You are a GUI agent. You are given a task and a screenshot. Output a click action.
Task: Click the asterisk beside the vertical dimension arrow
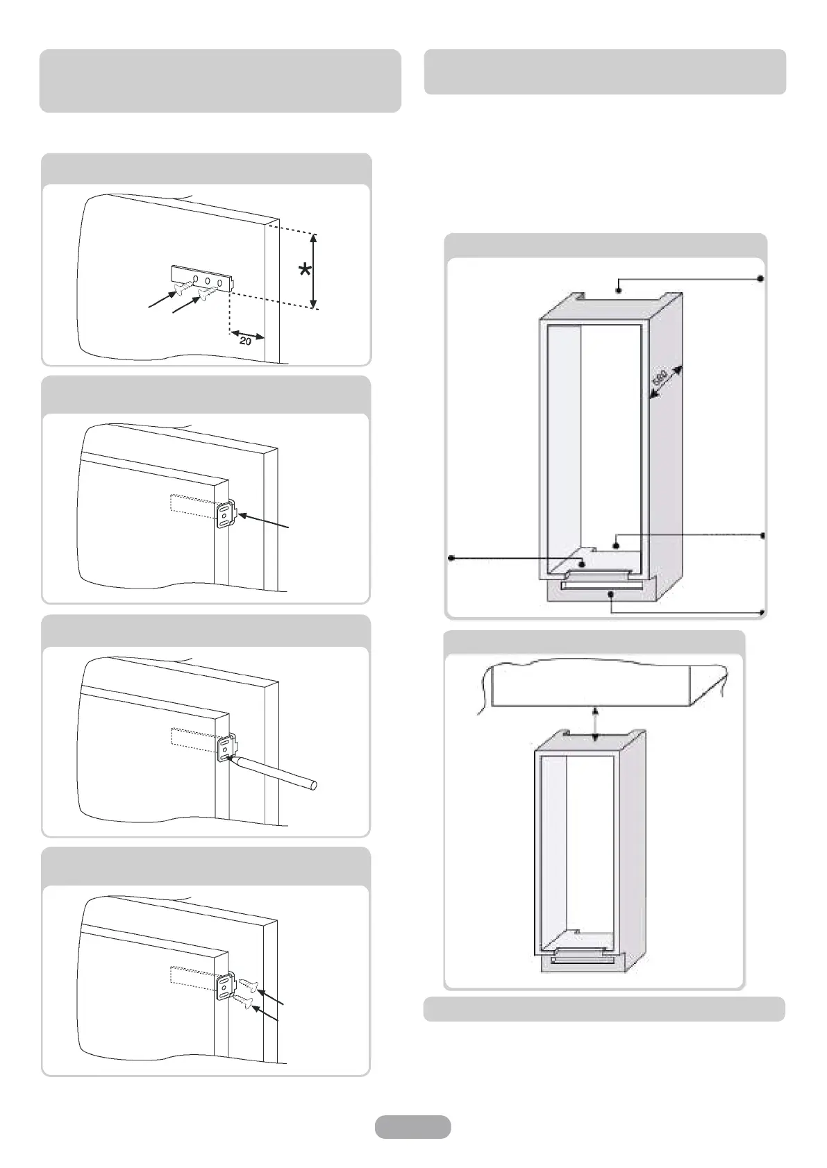[304, 270]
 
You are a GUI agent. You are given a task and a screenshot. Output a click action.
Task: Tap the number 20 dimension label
[246, 341]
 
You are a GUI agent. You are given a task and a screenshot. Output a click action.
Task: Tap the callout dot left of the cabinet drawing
[452, 557]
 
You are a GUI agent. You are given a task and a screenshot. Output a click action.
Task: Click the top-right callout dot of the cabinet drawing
[760, 278]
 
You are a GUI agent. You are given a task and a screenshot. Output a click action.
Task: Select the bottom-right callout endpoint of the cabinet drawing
[762, 612]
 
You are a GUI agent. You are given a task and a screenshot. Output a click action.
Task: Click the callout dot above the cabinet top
[618, 283]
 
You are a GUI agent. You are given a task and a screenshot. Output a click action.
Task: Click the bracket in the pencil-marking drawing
[227, 750]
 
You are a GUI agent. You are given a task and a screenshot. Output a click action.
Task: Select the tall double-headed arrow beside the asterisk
[314, 271]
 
